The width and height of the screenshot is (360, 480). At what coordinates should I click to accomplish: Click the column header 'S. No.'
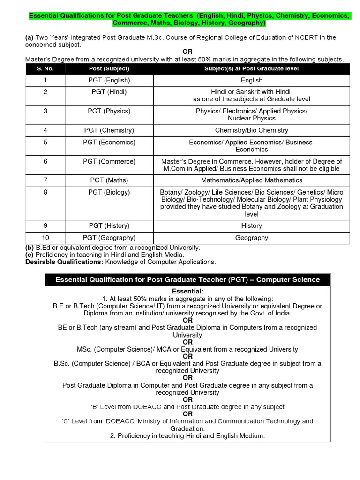click(45, 68)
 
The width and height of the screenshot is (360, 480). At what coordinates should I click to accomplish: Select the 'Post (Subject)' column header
click(109, 68)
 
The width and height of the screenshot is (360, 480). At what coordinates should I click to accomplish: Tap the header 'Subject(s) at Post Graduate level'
click(251, 68)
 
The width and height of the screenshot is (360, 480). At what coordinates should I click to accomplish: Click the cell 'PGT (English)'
click(109, 80)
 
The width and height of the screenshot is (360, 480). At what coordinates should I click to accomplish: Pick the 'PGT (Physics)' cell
click(109, 111)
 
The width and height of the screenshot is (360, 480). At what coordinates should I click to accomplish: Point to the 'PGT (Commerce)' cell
click(109, 161)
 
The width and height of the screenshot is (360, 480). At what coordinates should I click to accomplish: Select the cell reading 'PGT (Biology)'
click(109, 192)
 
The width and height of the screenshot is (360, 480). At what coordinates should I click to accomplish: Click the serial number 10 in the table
click(45, 238)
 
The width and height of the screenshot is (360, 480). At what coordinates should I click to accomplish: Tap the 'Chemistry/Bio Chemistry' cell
click(251, 130)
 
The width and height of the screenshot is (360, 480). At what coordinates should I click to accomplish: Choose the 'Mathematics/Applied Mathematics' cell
click(251, 180)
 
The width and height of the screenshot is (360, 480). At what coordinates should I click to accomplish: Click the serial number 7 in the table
click(45, 180)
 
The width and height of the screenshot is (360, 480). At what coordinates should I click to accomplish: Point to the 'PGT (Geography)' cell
click(109, 238)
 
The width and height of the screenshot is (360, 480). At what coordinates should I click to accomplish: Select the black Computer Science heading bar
click(187, 279)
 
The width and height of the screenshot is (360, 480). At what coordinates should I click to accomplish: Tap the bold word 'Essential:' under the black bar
click(187, 292)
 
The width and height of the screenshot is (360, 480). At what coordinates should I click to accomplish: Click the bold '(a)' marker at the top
click(29, 37)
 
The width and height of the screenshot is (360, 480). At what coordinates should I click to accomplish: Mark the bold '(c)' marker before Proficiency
click(29, 255)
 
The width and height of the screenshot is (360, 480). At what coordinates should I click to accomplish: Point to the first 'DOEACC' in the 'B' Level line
click(150, 407)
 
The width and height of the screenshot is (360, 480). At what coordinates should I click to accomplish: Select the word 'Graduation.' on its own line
click(187, 428)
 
